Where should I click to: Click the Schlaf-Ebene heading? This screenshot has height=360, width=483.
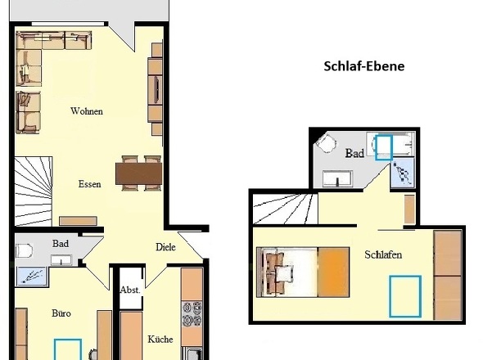363,66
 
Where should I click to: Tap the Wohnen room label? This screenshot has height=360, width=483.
87,111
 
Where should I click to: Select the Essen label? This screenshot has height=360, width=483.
89,184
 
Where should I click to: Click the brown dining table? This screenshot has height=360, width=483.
138,173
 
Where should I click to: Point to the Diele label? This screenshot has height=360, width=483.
165,246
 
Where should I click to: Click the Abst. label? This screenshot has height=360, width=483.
130,290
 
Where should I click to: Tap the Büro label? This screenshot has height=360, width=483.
61,313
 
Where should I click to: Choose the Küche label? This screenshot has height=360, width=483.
160,339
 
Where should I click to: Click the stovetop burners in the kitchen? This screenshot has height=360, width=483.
192,314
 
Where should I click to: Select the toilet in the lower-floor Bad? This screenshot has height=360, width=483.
24,251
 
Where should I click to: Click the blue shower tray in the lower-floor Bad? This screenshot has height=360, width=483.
31,276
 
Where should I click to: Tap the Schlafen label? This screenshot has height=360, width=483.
383,254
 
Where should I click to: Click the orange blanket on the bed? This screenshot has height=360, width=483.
333,272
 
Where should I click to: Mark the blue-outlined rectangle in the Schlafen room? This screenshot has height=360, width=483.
404,296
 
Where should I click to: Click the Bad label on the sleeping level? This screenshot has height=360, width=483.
354,153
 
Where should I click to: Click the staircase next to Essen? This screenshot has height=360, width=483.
34,191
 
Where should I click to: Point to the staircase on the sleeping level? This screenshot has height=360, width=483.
285,209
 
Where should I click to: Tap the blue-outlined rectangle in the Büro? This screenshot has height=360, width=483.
68,349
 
